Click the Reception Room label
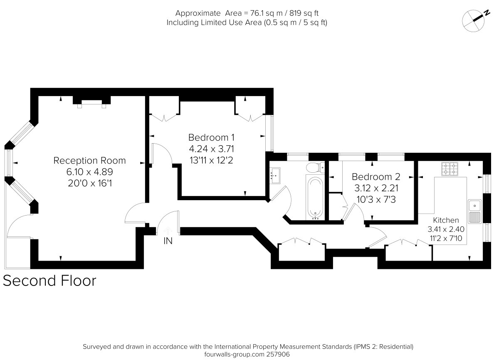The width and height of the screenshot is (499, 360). (x=89, y=161)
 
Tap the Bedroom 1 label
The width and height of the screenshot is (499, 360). (x=214, y=137)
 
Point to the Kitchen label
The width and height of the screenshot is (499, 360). (x=446, y=220)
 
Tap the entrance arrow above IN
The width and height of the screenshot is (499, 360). (x=168, y=230)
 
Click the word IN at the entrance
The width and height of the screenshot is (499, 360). (x=168, y=241)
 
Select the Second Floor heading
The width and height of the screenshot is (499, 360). (x=49, y=281)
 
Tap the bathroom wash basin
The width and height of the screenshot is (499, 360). (x=275, y=175)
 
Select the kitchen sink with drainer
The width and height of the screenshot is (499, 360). (x=474, y=211)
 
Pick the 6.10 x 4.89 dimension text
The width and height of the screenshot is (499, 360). (x=89, y=171)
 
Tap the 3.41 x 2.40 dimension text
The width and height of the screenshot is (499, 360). (x=446, y=229)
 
